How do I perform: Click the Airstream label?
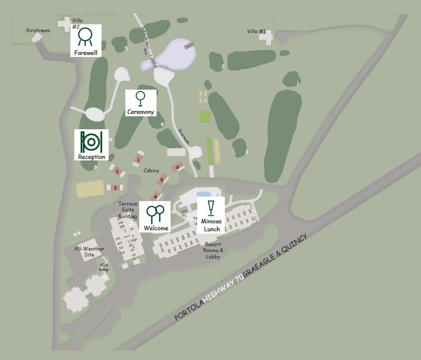38,31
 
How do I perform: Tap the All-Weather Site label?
84,252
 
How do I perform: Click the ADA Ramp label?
104,267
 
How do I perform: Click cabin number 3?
115,188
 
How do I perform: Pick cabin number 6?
177,167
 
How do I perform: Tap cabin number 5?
161,180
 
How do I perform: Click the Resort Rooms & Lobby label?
213,250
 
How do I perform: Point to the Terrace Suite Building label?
128,210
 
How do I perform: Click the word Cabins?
151,170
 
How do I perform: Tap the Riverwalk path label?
184,137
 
